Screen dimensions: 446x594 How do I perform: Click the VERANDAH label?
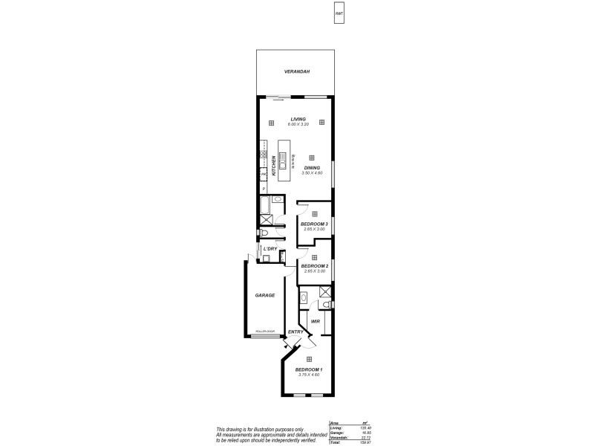point(296,71)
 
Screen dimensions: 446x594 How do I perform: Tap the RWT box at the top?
point(339,14)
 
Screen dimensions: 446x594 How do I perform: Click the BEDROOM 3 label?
point(314,224)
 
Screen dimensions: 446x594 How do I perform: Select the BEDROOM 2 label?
point(314,266)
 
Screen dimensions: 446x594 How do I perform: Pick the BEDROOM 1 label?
point(309,369)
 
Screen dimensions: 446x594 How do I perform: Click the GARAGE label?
point(265,295)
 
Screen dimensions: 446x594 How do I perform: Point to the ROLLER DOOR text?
point(265,332)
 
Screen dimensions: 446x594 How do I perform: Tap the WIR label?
point(316,321)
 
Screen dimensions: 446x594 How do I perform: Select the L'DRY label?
point(270,248)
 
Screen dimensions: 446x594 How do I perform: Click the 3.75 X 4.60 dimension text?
point(309,375)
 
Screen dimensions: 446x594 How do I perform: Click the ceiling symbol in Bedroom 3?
point(315,213)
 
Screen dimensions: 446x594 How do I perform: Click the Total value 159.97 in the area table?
point(365,443)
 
